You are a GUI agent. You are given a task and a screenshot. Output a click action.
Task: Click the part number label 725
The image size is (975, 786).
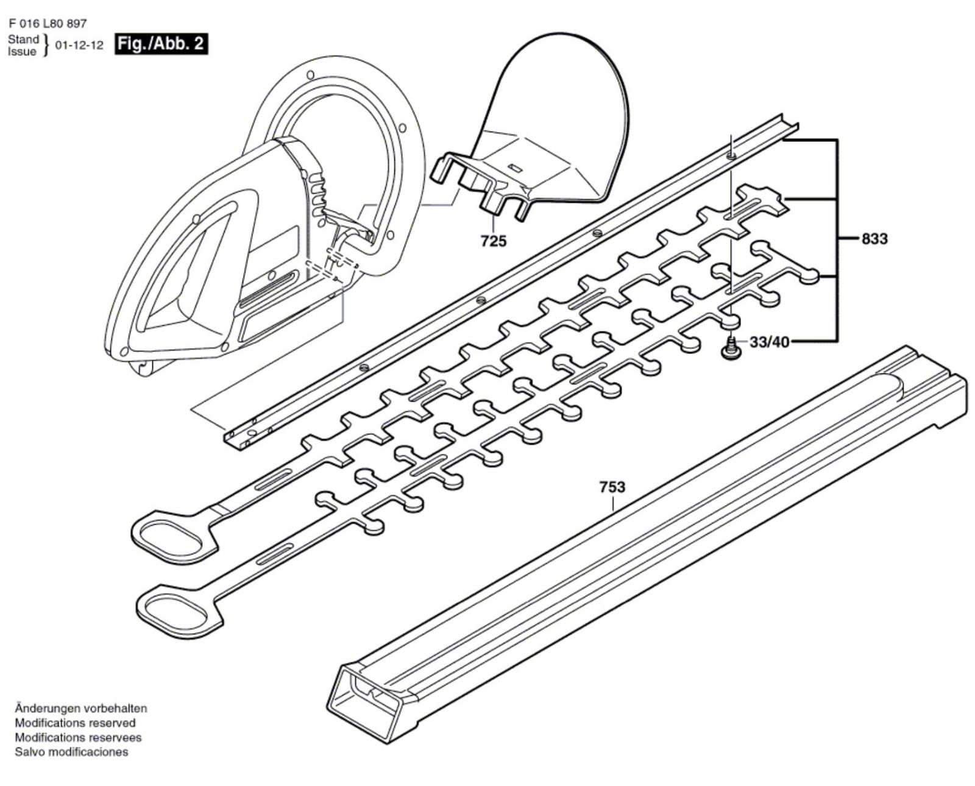pyautogui.click(x=493, y=241)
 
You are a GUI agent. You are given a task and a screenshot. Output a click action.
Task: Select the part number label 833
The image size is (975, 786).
pyautogui.click(x=874, y=239)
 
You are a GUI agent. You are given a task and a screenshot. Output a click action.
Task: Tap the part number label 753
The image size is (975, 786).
pyautogui.click(x=612, y=487)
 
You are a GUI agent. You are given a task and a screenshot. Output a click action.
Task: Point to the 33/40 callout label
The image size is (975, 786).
pyautogui.click(x=769, y=342)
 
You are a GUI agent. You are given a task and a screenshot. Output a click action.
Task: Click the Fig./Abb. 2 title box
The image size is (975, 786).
pyautogui.click(x=161, y=44)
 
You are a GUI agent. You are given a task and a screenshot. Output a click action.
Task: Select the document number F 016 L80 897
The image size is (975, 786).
pyautogui.click(x=48, y=24)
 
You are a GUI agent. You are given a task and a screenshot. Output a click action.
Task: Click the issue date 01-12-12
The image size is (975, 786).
pyautogui.click(x=79, y=46)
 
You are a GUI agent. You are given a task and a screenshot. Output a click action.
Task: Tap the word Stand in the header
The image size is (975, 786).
pyautogui.click(x=23, y=40)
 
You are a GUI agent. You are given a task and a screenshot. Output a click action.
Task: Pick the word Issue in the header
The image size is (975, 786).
pyautogui.click(x=22, y=52)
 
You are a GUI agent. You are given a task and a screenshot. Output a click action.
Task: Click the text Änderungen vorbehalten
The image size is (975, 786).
pyautogui.click(x=80, y=709)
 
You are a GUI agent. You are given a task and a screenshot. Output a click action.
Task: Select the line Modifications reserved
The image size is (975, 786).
pyautogui.click(x=75, y=723)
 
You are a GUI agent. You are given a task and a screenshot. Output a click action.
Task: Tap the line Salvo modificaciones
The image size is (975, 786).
pyautogui.click(x=71, y=752)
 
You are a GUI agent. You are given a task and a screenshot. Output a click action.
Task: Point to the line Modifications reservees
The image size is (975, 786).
pyautogui.click(x=78, y=737)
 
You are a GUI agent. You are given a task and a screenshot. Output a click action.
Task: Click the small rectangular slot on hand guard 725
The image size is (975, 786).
pyautogui.click(x=516, y=167)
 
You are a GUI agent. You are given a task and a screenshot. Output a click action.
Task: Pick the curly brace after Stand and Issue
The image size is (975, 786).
pyautogui.click(x=46, y=46)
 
